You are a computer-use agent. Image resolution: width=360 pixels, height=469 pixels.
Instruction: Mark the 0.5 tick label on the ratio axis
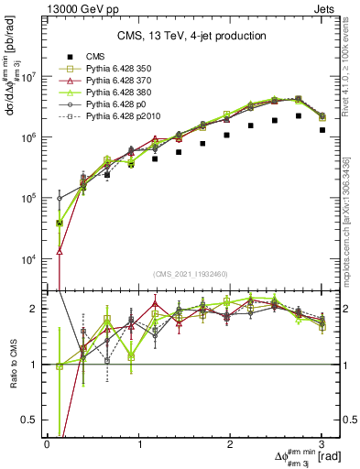click(x=31, y=420)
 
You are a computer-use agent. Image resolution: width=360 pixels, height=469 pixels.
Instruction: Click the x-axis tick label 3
click(x=322, y=445)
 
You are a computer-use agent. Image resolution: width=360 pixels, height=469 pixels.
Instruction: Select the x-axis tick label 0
click(x=47, y=445)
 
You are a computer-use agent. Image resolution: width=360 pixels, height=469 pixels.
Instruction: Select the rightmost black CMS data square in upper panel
click(x=322, y=130)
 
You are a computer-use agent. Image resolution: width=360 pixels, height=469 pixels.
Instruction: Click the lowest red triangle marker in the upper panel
click(x=60, y=250)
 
